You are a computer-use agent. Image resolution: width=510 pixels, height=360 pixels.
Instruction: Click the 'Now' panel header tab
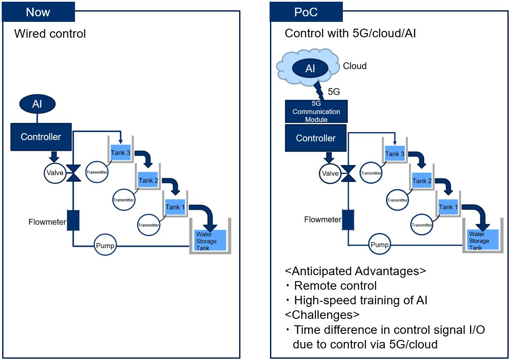click(38, 12)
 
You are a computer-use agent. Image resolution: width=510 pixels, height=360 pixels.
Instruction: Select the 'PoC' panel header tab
click(306, 12)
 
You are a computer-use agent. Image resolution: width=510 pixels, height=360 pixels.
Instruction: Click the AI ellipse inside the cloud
click(310, 69)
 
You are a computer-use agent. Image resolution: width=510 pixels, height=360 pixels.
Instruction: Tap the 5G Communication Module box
click(316, 111)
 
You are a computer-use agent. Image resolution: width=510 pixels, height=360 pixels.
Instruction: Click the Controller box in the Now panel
click(41, 137)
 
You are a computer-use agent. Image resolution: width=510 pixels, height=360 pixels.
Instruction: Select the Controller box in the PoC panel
click(316, 138)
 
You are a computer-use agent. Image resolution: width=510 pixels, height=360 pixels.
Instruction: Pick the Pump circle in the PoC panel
click(379, 245)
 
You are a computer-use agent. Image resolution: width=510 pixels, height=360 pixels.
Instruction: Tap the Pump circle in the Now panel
click(105, 246)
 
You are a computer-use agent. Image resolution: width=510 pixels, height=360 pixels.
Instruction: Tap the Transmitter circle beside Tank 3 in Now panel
click(97, 172)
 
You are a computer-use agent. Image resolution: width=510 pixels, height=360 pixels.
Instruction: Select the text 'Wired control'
click(50, 33)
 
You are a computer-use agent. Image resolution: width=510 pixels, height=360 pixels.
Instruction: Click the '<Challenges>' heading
click(322, 315)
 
